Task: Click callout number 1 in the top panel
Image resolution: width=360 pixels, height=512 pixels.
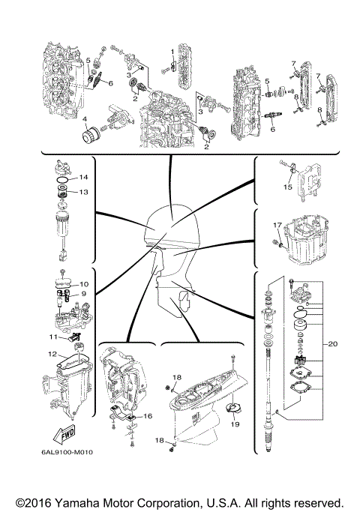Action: coord(172,51)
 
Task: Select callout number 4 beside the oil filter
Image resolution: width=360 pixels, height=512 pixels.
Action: coord(85,119)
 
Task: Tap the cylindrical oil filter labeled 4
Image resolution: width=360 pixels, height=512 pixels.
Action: coord(96,138)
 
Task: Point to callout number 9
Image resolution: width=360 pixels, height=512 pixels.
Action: coord(84,294)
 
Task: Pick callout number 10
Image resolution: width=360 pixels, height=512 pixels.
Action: coord(84,284)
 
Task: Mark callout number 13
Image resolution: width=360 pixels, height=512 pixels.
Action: coord(84,192)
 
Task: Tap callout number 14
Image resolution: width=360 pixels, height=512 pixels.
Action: coord(84,177)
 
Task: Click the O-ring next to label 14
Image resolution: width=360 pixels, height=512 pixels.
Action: coord(65,179)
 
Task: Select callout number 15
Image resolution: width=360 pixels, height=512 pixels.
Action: coord(287,187)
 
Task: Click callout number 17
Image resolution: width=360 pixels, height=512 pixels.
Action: coord(277,224)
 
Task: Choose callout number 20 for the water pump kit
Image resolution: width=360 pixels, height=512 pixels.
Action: coord(334,344)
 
